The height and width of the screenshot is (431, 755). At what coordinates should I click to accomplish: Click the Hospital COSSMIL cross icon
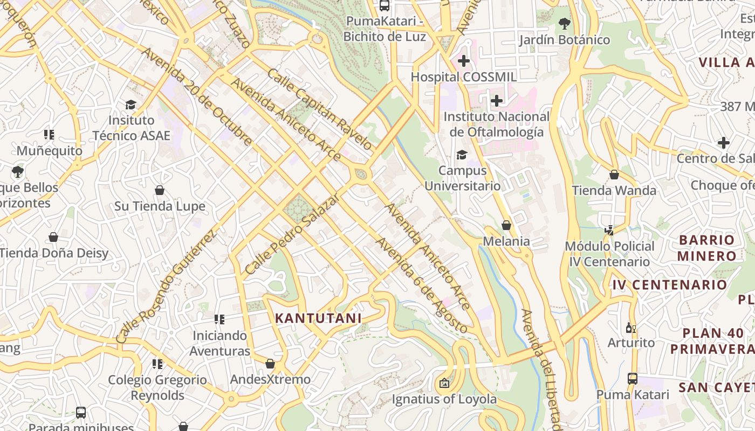[x=463, y=61]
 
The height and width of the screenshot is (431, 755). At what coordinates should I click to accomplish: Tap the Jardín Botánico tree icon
[x=565, y=24]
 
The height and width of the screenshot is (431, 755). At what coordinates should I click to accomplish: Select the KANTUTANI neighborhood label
[x=318, y=318]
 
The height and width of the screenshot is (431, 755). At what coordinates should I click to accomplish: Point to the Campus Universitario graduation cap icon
[x=462, y=155]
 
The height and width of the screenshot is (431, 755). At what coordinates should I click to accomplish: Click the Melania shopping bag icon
[x=506, y=225]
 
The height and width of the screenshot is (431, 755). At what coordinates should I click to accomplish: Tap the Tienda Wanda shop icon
[x=614, y=175]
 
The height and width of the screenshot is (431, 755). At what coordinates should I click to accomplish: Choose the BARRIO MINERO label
[x=706, y=248]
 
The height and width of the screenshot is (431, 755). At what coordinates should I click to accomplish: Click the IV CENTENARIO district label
[x=669, y=284]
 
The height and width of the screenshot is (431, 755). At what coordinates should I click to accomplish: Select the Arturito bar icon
[x=630, y=328]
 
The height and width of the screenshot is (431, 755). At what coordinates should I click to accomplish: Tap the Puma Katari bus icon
[x=633, y=379]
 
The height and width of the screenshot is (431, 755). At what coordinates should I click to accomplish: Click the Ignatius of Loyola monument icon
[x=444, y=384]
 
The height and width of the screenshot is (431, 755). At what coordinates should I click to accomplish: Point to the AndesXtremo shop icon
[x=270, y=364]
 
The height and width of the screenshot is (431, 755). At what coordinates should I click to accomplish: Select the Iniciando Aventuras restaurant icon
[x=219, y=320]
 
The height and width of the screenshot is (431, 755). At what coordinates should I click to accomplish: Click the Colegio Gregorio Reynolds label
[x=157, y=388]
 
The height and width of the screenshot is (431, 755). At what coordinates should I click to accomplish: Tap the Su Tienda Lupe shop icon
[x=160, y=190]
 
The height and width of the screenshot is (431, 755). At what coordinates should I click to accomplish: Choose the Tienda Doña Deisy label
[x=54, y=253]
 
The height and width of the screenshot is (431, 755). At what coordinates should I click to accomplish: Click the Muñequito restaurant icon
[x=49, y=135]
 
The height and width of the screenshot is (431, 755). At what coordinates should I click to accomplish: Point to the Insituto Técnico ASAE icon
[x=131, y=105]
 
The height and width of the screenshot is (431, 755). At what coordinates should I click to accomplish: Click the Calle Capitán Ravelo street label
[x=319, y=109]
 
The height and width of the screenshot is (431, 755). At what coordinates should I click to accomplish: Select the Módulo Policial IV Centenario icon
[x=609, y=231]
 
